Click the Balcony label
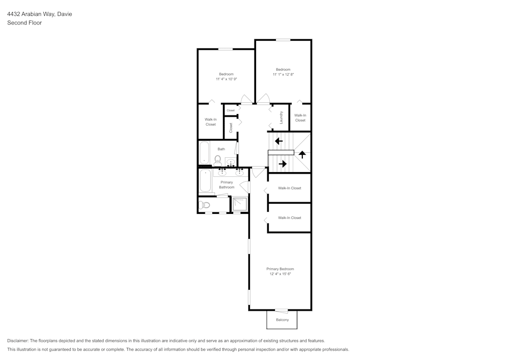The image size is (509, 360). pyautogui.click(x=282, y=320)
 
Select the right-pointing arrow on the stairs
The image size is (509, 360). pyautogui.click(x=282, y=163)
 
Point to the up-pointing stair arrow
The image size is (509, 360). pyautogui.click(x=302, y=154)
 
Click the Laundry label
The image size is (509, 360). pyautogui.click(x=281, y=118)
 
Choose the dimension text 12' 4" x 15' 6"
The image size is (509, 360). pyautogui.click(x=280, y=274)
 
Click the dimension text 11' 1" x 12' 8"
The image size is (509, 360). pyautogui.click(x=283, y=74)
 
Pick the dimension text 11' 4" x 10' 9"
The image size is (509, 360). pyautogui.click(x=226, y=79)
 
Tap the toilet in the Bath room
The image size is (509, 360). pyautogui.click(x=218, y=160)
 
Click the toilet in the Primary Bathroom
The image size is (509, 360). pyautogui.click(x=205, y=205)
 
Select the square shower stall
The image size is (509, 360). pyautogui.click(x=239, y=205)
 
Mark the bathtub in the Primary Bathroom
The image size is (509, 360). pyautogui.click(x=205, y=181)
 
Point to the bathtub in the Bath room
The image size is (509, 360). pyautogui.click(x=204, y=152)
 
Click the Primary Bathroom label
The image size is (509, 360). pyautogui.click(x=227, y=185)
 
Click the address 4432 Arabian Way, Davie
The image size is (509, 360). pyautogui.click(x=39, y=14)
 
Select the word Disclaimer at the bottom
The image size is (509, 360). pyautogui.click(x=18, y=341)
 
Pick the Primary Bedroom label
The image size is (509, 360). pyautogui.click(x=280, y=269)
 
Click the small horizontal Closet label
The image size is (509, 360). pyautogui.click(x=231, y=110)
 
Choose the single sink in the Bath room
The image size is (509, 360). pyautogui.click(x=231, y=163)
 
